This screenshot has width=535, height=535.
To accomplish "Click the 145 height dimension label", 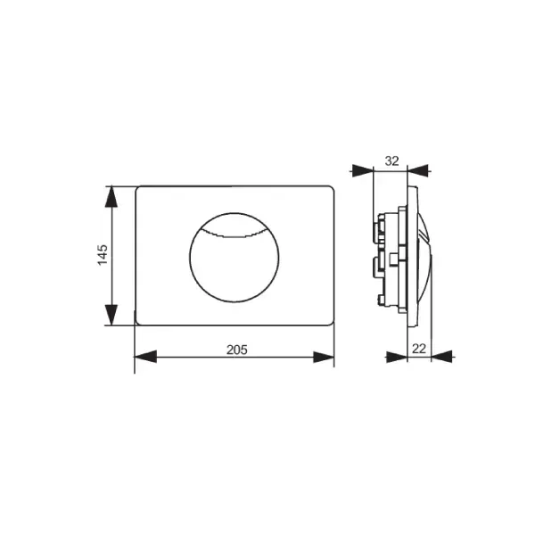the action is tap(103, 254).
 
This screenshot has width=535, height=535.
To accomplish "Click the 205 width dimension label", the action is tap(237, 350).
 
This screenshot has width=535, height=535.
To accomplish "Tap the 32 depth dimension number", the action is tap(391, 160).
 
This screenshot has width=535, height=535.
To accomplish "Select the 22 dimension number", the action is tap(419, 349).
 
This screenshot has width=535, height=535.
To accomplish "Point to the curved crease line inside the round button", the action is tap(234, 235).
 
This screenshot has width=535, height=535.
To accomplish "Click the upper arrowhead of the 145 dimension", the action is tap(111, 197).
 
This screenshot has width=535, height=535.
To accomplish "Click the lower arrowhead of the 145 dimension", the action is tap(111, 315).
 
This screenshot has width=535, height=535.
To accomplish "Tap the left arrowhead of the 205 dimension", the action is tap(145, 357).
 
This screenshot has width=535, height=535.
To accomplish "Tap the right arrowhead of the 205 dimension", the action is tap(324, 357).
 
